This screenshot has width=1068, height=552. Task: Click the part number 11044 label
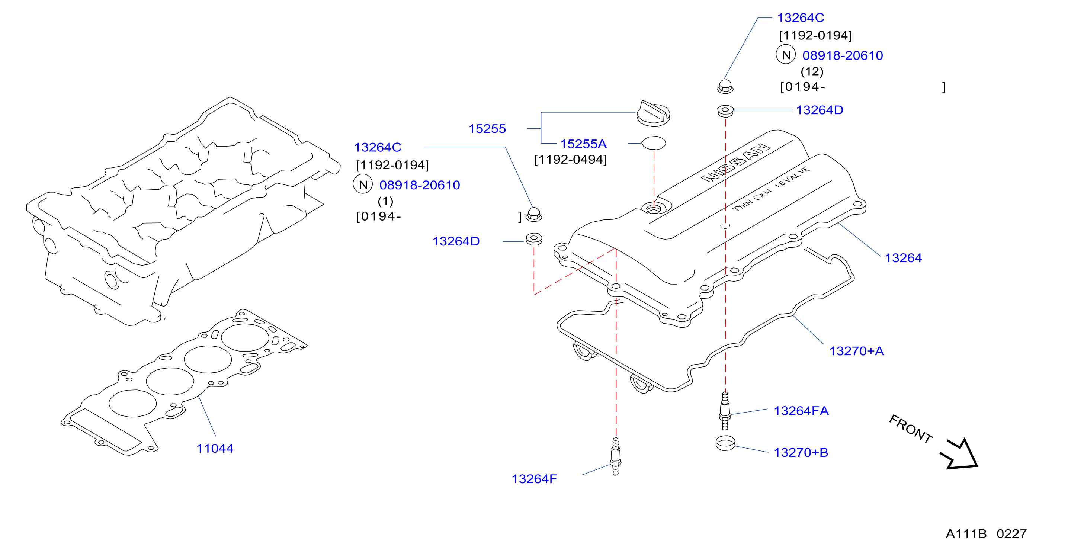tap(215, 448)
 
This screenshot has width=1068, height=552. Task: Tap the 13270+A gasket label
tap(857, 351)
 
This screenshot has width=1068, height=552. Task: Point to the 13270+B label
tap(801, 453)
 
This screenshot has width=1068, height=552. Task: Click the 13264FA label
tap(801, 411)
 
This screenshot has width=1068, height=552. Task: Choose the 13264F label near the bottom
tap(534, 479)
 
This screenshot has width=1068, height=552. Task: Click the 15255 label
tap(487, 129)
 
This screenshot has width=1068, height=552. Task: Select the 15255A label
tap(583, 144)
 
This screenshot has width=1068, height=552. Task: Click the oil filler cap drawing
tap(653, 113)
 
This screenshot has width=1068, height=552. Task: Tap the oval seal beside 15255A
tap(654, 143)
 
